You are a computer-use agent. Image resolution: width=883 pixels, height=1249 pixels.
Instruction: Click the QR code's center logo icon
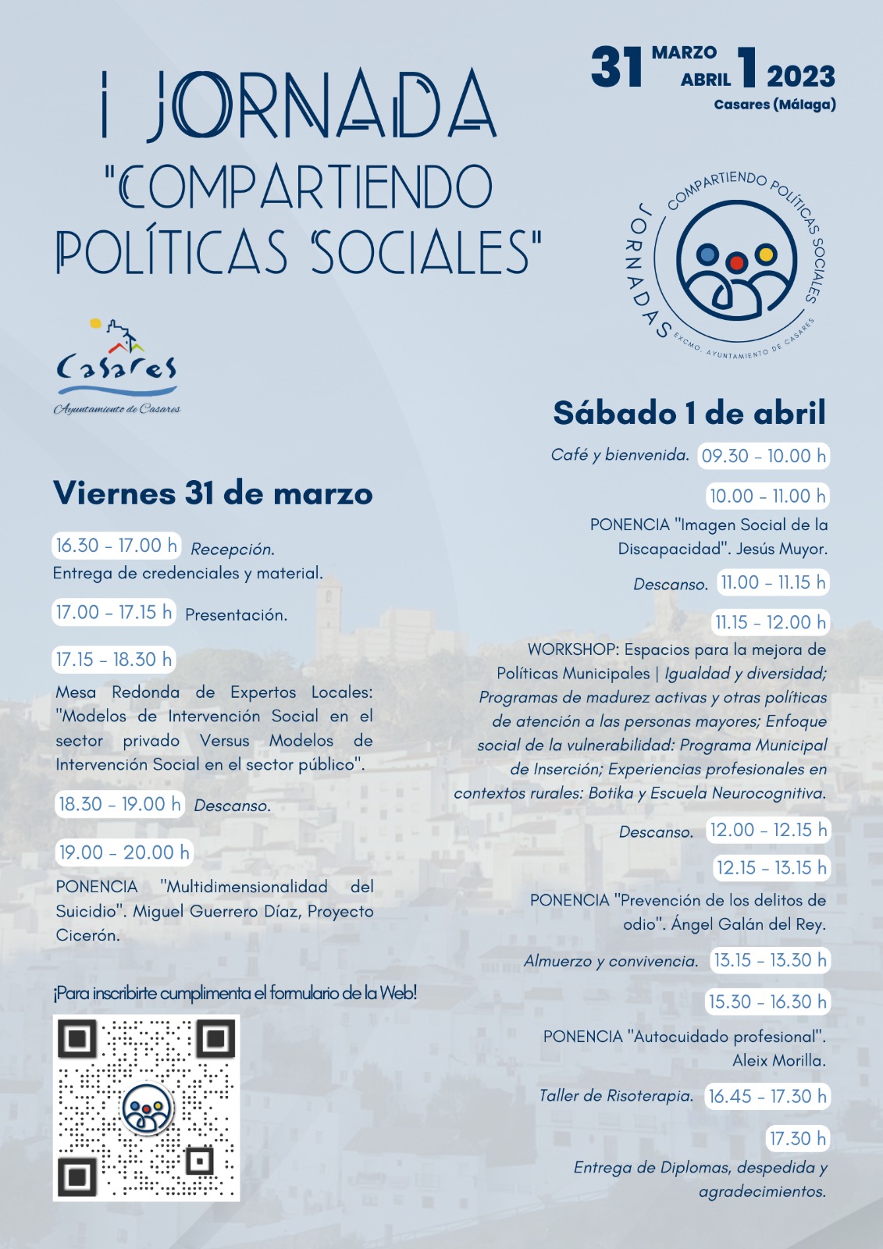(x=147, y=1108)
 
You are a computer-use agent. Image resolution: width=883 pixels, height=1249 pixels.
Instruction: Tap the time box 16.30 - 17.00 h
(x=116, y=545)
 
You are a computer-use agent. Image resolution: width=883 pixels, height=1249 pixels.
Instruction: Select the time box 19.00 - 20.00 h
(x=124, y=852)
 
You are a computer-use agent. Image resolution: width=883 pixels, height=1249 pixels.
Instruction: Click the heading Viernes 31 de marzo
(x=212, y=493)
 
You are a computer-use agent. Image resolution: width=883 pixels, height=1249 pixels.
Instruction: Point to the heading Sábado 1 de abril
(x=689, y=413)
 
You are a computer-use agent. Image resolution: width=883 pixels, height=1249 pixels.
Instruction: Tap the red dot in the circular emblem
(x=735, y=263)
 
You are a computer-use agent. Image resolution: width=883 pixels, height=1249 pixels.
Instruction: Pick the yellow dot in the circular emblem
(x=766, y=254)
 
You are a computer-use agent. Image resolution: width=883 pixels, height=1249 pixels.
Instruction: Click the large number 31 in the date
(x=617, y=67)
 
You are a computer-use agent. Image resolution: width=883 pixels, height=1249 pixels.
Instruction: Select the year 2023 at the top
(x=800, y=77)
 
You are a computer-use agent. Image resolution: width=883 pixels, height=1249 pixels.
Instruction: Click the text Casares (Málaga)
(x=774, y=105)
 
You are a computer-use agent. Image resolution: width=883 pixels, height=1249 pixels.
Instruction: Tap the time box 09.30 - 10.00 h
(x=763, y=456)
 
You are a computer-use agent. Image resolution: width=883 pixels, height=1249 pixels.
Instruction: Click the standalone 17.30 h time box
(x=797, y=1138)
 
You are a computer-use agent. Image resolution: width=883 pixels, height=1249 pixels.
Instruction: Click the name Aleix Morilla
(x=778, y=1060)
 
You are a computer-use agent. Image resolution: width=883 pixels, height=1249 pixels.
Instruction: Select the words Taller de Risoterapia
(x=616, y=1096)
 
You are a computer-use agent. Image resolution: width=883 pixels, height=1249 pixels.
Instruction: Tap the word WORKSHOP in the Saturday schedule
(x=572, y=649)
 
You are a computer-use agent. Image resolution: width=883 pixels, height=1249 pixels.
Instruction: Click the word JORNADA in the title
(x=321, y=105)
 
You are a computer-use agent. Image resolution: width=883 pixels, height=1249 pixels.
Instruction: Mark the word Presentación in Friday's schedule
(x=236, y=615)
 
